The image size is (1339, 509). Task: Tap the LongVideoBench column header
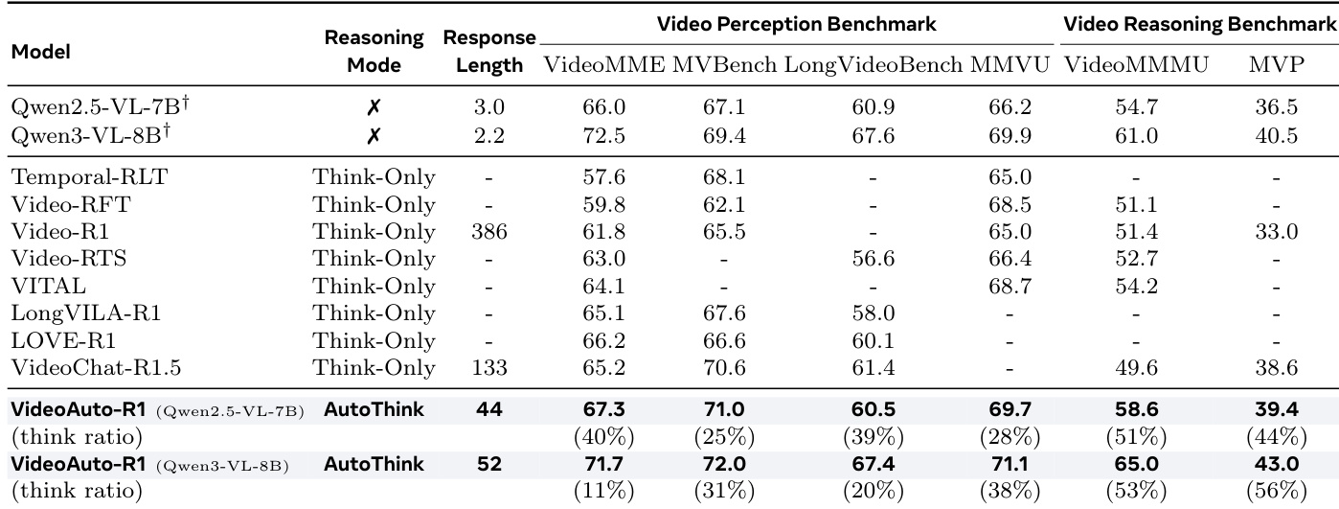click(873, 65)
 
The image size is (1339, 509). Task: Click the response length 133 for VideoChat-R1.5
click(489, 367)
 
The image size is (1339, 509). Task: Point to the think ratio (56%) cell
click(1278, 490)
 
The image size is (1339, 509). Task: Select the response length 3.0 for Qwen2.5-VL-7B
click(489, 109)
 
